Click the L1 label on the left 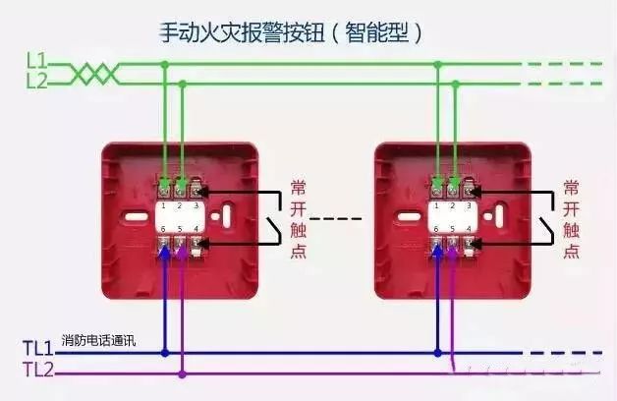point(36,61)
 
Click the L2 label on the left point(36,81)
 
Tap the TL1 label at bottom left point(38,348)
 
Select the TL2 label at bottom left point(38,370)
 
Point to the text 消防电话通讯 point(98,341)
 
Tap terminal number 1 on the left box point(164,206)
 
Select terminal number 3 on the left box point(196,206)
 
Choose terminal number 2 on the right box point(453,206)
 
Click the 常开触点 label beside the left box point(298,217)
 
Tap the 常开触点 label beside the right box point(571,217)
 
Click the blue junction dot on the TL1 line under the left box point(164,352)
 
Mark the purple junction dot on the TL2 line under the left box point(182,372)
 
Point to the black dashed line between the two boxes point(336,218)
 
